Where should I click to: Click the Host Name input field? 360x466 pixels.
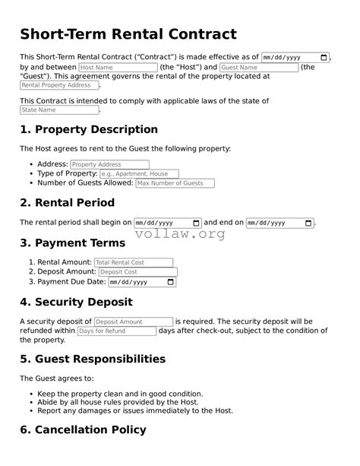coord(118,68)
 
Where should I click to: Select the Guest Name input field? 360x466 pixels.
coord(258,68)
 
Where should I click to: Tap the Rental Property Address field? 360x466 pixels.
coord(59,86)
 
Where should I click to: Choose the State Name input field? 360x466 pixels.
coord(59,110)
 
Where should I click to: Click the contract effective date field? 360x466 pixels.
coord(295,58)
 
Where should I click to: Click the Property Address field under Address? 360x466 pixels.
coord(109,164)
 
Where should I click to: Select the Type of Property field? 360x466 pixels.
coord(139,174)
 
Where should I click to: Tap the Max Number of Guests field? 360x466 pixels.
coord(175,183)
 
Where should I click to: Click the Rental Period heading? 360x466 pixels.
coord(67,203)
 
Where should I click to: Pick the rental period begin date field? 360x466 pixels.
coord(167,223)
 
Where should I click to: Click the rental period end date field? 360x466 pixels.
coord(279,223)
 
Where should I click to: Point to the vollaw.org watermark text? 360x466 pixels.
coord(180,235)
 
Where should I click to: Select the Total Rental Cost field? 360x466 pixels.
coord(133,262)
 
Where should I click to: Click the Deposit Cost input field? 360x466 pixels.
coord(137,272)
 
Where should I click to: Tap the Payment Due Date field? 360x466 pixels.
coord(142,282)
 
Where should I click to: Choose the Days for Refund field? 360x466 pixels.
coord(116,331)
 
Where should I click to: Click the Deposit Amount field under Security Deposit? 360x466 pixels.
coord(134,322)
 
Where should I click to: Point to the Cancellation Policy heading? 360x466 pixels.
coord(82,430)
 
